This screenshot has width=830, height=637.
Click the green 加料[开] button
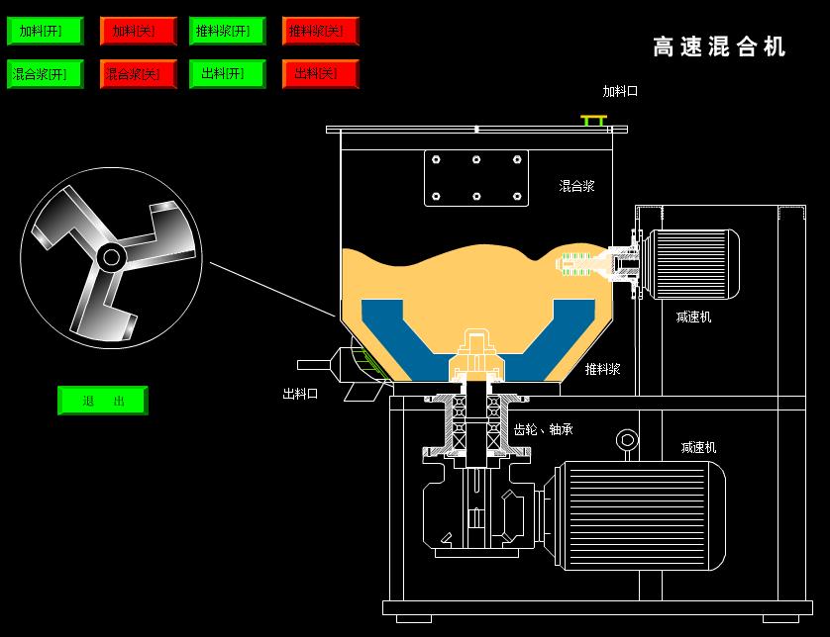tap(40, 31)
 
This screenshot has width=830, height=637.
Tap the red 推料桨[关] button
tap(319, 31)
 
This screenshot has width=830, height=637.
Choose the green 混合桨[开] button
tap(40, 74)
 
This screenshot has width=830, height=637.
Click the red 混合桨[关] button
tap(138, 74)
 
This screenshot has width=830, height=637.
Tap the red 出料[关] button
tap(319, 74)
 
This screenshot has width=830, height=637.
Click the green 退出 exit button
tap(103, 401)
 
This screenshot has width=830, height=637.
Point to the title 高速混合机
tap(719, 46)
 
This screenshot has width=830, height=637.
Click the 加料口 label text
tap(620, 91)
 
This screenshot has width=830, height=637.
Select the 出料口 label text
tap(300, 394)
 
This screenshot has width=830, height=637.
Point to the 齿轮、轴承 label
tap(543, 429)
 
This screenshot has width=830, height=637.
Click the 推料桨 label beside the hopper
tap(602, 369)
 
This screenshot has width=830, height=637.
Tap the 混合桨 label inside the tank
tap(576, 185)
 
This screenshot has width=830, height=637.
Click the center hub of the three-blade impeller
tap(111, 258)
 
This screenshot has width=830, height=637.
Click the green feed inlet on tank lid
tap(593, 120)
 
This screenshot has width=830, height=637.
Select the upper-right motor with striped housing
tap(691, 263)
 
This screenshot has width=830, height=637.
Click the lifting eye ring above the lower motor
tap(626, 439)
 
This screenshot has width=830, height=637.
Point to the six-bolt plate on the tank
tap(476, 177)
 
